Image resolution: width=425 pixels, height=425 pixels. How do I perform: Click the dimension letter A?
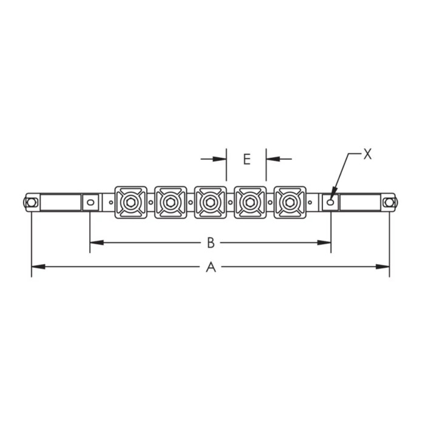pyautogui.click(x=211, y=266)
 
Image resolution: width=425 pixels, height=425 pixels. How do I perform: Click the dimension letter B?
pyautogui.click(x=211, y=243)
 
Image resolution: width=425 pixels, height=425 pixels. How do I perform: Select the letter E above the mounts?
pyautogui.click(x=246, y=159)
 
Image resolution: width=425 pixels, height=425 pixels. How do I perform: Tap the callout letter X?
pyautogui.click(x=367, y=154)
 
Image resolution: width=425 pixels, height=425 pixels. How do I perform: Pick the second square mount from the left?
pyautogui.click(x=170, y=200)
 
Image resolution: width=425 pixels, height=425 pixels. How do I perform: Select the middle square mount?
pyautogui.click(x=210, y=200)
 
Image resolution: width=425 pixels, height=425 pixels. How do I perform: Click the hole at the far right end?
pyautogui.click(x=389, y=202)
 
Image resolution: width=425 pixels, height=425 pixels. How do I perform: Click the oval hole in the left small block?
pyautogui.click(x=90, y=201)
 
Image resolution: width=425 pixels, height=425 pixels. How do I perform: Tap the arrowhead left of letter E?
pyautogui.click(x=222, y=159)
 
